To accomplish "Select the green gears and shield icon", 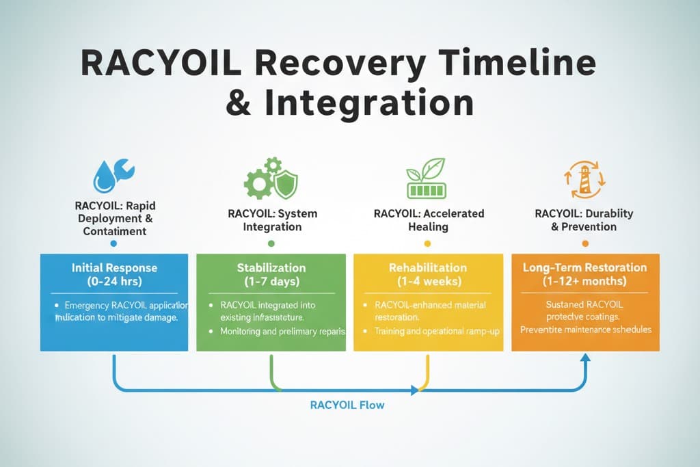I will pos(271,177).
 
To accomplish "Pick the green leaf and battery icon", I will pos(426,176).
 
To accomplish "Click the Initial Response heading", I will pos(114,268).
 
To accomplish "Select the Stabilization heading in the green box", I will pos(271,268).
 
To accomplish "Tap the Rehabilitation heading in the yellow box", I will pos(428,268).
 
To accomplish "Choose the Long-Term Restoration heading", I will pos(584,268).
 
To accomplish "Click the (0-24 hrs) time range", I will pos(114,282).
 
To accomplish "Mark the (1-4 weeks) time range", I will pos(428,282).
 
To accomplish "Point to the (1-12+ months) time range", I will pos(584,282).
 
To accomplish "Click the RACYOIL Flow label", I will pos(347,405).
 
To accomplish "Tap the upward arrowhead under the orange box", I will pos(584,357).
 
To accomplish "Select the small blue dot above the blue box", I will pos(113,243).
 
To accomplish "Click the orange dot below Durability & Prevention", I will pos(584,243).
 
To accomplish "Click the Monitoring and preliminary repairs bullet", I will pos(282,331).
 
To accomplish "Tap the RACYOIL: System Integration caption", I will pos(272,220).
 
